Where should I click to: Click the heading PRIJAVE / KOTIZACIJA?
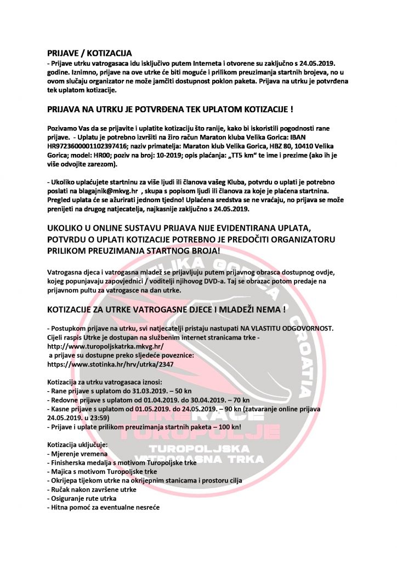[x=89, y=53]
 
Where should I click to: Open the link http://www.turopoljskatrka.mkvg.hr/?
[x=105, y=347]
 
